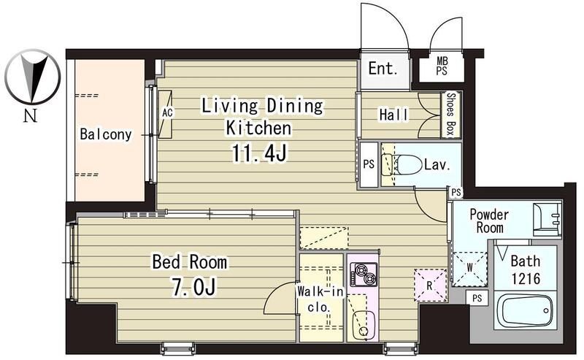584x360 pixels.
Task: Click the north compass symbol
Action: (x=32, y=77)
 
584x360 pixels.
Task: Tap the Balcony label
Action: (x=106, y=134)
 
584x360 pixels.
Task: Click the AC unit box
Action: (x=166, y=115)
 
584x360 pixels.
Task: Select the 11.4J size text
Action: (x=259, y=153)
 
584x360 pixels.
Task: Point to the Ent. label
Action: (x=383, y=69)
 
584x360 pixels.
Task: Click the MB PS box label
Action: (x=442, y=66)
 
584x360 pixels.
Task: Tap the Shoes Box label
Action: (x=450, y=115)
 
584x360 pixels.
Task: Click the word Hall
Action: (x=393, y=115)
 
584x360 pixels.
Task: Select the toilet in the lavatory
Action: (x=406, y=164)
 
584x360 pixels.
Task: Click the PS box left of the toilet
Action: (x=369, y=164)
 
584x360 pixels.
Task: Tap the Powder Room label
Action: (x=489, y=221)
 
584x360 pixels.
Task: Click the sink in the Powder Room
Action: (x=547, y=220)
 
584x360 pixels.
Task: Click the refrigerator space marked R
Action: (x=430, y=285)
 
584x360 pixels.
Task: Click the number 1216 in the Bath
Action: (x=526, y=279)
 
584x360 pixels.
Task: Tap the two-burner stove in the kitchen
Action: (x=363, y=275)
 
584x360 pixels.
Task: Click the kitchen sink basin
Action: (x=364, y=325)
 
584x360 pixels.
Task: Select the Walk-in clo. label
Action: (x=320, y=299)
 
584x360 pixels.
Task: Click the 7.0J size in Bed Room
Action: (x=193, y=287)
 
